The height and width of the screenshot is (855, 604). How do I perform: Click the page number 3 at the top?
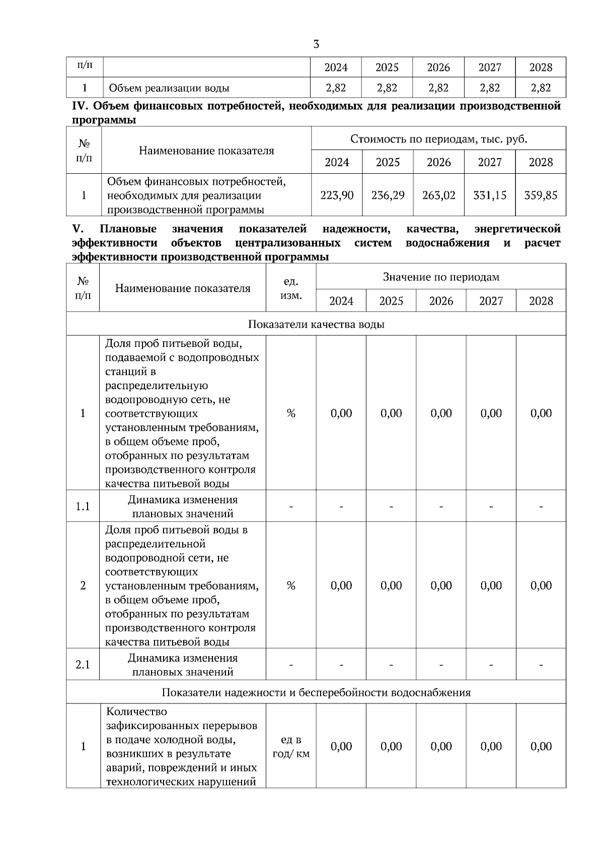point(316,44)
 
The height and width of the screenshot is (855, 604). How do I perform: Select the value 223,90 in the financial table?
point(337,195)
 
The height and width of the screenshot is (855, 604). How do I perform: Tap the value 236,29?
point(388,195)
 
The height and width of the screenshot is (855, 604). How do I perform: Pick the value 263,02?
point(439,195)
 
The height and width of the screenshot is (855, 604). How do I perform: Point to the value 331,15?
point(490,195)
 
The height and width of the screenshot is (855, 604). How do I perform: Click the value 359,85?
point(541,195)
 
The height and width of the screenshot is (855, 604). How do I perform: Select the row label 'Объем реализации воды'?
point(169,88)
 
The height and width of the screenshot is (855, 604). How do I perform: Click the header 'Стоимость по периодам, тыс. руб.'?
point(438,139)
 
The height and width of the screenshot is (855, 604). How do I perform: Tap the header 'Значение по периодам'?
point(441,277)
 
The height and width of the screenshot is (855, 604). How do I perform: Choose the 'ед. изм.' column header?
point(291,288)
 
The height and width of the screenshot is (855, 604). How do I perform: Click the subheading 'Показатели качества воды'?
point(316,324)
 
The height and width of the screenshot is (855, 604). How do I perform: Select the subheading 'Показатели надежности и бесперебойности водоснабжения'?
point(316,692)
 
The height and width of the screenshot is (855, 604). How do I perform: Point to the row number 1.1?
point(83,507)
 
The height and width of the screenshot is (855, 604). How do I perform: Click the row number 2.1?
point(83,665)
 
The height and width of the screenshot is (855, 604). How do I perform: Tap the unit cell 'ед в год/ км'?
point(291,747)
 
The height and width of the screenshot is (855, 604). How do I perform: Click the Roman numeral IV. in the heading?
point(81,106)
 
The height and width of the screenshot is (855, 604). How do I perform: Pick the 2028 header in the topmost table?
point(541,67)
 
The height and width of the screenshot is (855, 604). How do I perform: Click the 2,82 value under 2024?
point(336,88)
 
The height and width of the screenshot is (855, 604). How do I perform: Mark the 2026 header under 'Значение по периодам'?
point(441,301)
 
